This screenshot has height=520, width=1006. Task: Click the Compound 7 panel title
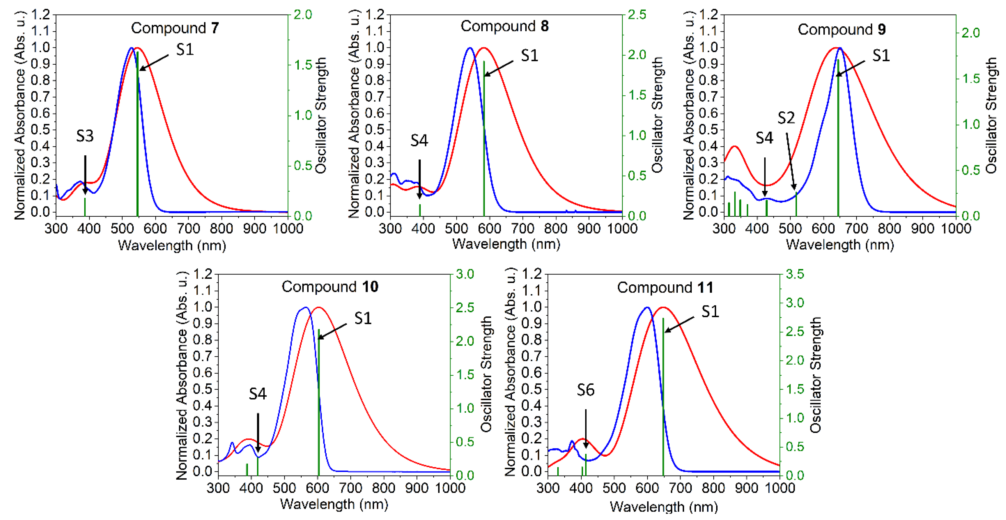click(x=175, y=28)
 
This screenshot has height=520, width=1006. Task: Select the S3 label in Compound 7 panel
click(x=85, y=136)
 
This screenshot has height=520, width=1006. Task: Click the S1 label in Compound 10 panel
click(x=363, y=318)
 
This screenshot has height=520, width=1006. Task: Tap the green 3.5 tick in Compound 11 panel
click(x=795, y=274)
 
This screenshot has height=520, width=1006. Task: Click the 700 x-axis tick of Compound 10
click(x=350, y=488)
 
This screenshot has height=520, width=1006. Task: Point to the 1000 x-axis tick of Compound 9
click(x=956, y=228)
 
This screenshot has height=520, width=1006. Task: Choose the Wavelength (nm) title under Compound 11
click(x=664, y=507)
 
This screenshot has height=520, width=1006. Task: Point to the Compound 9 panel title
click(x=841, y=30)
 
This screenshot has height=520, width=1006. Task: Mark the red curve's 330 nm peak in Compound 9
click(x=735, y=146)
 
